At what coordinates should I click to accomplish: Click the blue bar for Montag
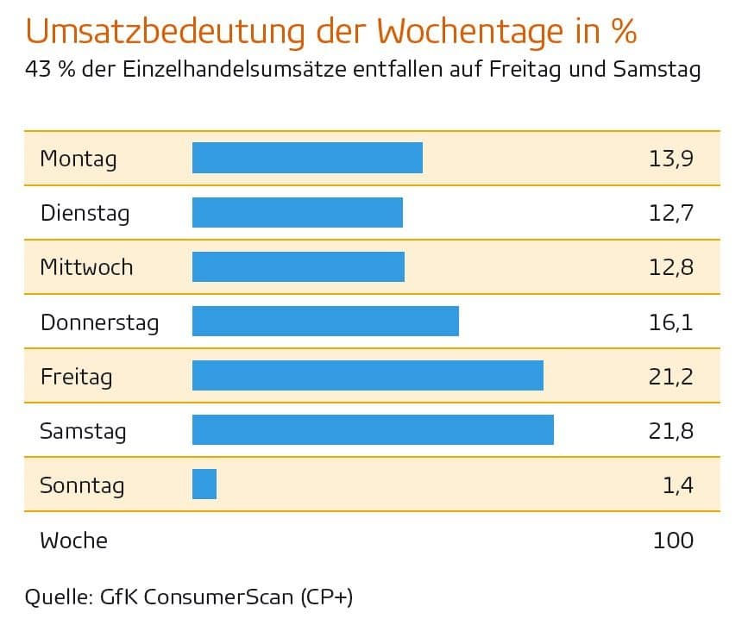pyautogui.click(x=307, y=158)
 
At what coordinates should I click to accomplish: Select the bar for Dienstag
pyautogui.click(x=297, y=212)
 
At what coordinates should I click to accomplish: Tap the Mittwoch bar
pyautogui.click(x=298, y=266)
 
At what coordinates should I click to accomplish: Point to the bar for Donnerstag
pyautogui.click(x=325, y=322)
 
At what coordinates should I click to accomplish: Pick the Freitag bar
pyautogui.click(x=368, y=376)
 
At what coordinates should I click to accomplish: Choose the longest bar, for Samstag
pyautogui.click(x=373, y=430)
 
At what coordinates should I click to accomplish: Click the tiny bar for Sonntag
pyautogui.click(x=204, y=484)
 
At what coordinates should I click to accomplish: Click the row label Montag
pyautogui.click(x=78, y=159)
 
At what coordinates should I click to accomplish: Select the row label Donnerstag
pyautogui.click(x=99, y=322)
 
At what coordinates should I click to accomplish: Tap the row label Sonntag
pyautogui.click(x=82, y=485)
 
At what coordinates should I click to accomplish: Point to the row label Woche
pyautogui.click(x=73, y=541)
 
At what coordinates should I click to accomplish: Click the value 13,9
pyautogui.click(x=671, y=159)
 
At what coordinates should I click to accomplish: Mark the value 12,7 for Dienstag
pyautogui.click(x=671, y=213)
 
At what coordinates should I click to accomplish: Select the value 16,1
pyautogui.click(x=671, y=322)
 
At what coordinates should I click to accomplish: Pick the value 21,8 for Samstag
pyautogui.click(x=671, y=431)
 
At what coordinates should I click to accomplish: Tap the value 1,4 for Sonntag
pyautogui.click(x=678, y=485)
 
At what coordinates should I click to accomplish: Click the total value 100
pyautogui.click(x=673, y=541)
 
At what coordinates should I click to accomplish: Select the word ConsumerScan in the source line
pyautogui.click(x=221, y=597)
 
